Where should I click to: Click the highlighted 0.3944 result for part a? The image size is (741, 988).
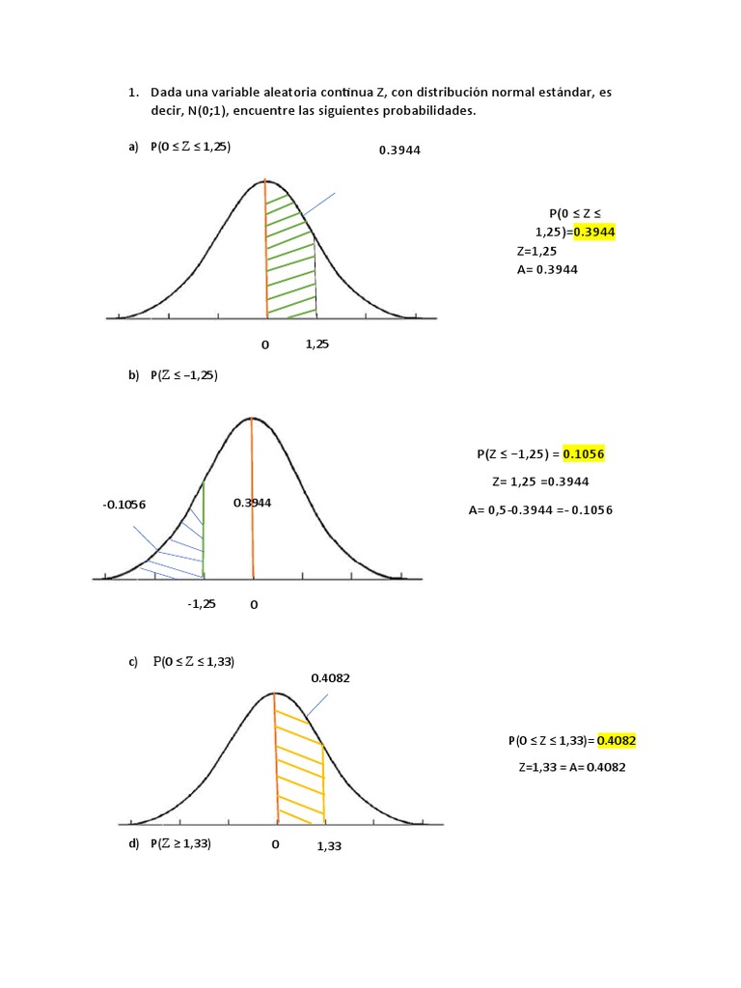[593, 232]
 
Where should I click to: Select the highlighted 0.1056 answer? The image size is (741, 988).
[583, 453]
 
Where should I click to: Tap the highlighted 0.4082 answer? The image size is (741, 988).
[616, 741]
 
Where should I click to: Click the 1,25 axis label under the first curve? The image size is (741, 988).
[317, 343]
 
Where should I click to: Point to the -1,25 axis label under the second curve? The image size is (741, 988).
[202, 603]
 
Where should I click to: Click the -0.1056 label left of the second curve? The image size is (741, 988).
[123, 505]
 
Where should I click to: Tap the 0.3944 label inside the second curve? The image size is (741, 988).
[253, 503]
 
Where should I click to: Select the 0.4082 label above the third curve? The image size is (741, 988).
[330, 678]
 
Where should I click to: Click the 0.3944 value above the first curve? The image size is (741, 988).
[400, 151]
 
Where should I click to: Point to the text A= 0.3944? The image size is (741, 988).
[547, 269]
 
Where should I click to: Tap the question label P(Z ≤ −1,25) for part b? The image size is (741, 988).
[184, 375]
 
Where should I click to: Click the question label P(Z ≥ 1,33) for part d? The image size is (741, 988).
[180, 843]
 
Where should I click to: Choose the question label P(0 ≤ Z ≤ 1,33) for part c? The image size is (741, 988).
[194, 662]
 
